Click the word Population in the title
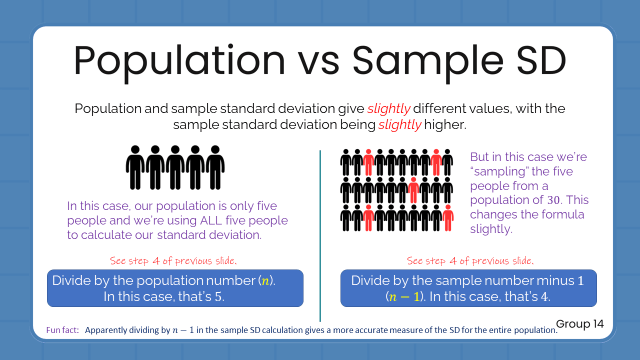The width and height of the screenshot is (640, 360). pos(179,61)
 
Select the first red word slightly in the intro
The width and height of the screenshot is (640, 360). pos(388,108)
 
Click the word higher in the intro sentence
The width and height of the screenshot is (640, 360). pos(444,124)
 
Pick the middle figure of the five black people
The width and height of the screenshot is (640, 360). pos(175,167)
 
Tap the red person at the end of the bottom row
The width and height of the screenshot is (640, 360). pos(448,218)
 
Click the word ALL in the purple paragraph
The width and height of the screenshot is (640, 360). pos(212,220)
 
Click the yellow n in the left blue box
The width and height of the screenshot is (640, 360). pos(265,281)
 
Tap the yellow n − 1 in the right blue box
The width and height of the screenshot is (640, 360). pos(403,296)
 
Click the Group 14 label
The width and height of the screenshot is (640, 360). pos(579,324)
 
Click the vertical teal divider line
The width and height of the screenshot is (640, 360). pos(320,235)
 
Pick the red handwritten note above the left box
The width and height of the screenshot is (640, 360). pos(173,261)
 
